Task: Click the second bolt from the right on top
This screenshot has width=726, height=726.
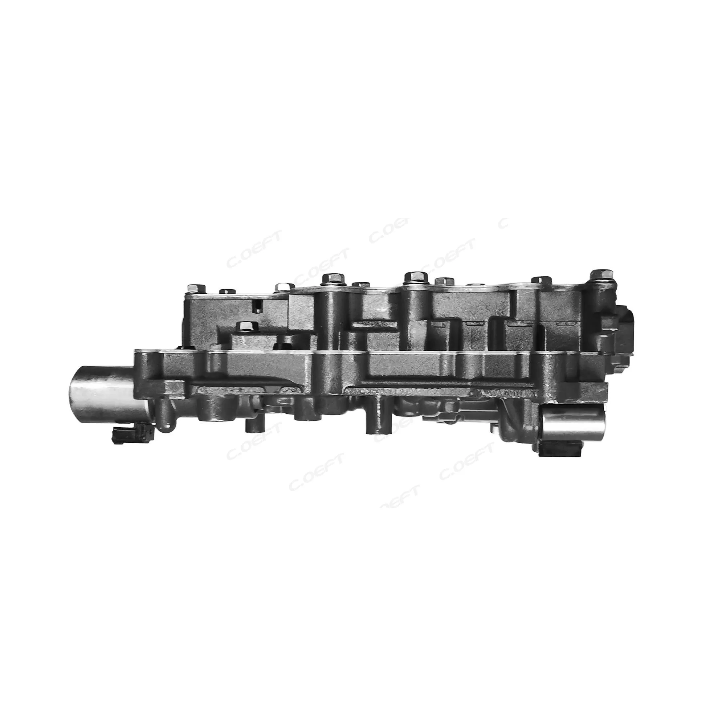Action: pos(541,280)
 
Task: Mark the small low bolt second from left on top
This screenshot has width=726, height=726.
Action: pos(227,291)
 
